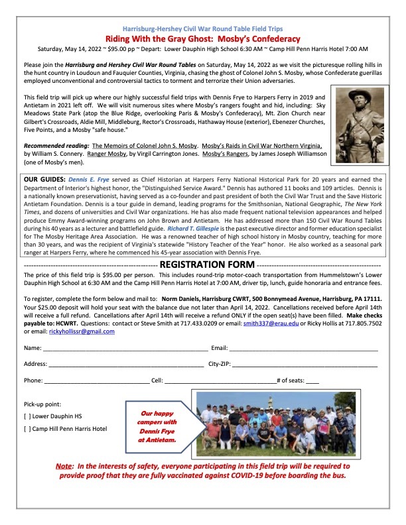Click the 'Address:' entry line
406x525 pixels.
pyautogui.click(x=126, y=365)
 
